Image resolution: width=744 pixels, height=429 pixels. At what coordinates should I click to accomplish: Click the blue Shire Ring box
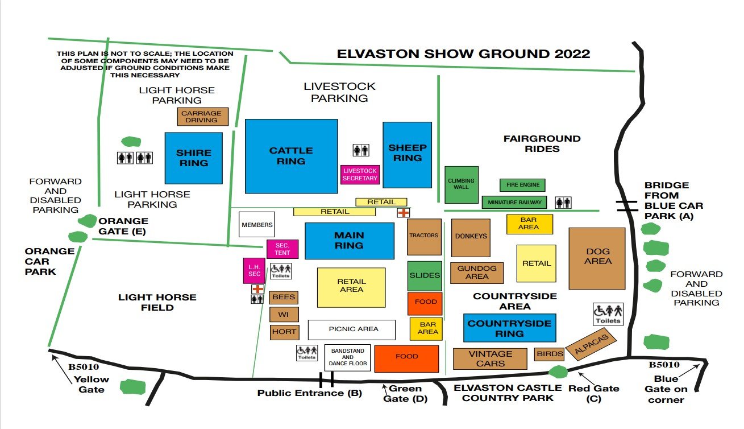click(193, 158)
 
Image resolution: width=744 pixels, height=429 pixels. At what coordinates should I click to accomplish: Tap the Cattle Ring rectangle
click(291, 156)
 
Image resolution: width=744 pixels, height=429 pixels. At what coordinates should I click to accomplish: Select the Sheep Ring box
click(407, 154)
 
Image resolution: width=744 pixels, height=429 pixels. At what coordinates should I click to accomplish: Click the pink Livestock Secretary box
click(360, 174)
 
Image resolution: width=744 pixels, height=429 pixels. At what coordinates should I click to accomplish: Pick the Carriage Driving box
click(202, 117)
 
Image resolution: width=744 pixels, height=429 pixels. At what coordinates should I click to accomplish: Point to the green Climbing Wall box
click(461, 184)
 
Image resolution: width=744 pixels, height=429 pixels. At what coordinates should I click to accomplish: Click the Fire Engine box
click(522, 185)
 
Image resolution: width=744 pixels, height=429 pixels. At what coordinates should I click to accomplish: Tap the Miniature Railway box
click(514, 202)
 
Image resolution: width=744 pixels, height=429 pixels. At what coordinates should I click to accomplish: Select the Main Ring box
click(349, 241)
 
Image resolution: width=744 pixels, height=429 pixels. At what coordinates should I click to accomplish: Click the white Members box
click(257, 225)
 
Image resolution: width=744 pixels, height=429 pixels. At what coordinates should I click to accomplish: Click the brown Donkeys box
click(471, 237)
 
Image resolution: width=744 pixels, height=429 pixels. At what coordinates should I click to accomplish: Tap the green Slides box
click(425, 275)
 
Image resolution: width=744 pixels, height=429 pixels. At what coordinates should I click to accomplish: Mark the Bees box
click(284, 298)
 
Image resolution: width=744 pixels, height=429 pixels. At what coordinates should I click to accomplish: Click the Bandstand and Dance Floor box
click(347, 357)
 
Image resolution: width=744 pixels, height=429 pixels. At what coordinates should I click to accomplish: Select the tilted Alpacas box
click(591, 345)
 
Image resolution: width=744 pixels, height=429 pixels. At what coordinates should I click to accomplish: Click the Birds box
click(550, 354)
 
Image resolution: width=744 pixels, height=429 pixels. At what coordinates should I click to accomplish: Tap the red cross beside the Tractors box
click(403, 212)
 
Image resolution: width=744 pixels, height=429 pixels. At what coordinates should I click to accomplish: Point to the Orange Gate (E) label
click(123, 226)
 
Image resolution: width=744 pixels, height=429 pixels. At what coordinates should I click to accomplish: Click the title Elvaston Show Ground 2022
click(463, 54)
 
